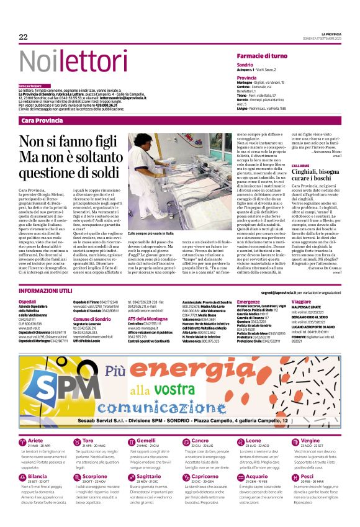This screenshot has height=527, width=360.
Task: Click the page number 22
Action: click(x=23, y=37)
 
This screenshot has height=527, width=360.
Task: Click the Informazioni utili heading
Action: click(x=45, y=291)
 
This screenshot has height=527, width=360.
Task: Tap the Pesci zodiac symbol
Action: click(x=294, y=478)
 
